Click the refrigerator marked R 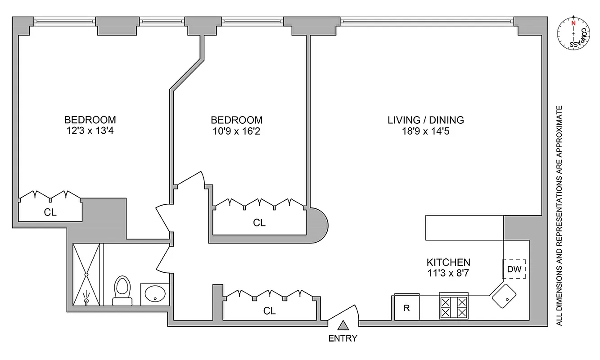tap(407, 308)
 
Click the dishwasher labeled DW tap(514, 270)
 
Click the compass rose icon tap(573, 35)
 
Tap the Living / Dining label tap(426, 120)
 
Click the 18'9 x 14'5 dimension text tap(426, 132)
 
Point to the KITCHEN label tap(448, 262)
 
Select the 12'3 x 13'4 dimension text tap(90, 132)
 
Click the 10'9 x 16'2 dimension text tap(237, 132)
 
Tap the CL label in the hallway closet tap(269, 311)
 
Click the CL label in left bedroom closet tap(50, 213)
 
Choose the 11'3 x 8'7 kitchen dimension tap(448, 273)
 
